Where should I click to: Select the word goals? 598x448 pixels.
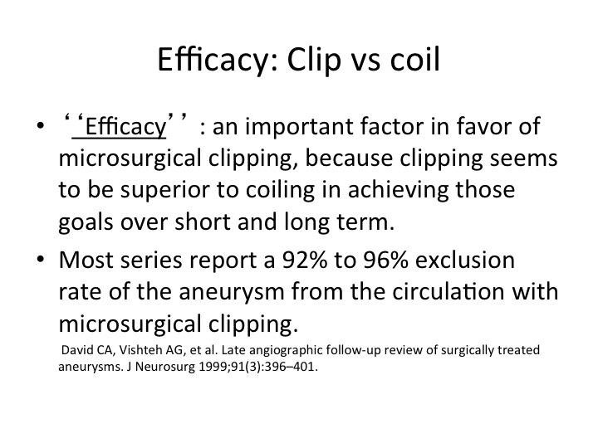pyautogui.click(x=86, y=222)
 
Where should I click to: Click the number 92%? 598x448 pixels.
pyautogui.click(x=304, y=260)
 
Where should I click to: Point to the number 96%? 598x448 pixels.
pyautogui.click(x=385, y=260)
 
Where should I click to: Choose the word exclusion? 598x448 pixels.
pyautogui.click(x=465, y=260)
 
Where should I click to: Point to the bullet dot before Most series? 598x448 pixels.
pyautogui.click(x=41, y=260)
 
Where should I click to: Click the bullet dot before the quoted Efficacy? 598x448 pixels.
pyautogui.click(x=41, y=126)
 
